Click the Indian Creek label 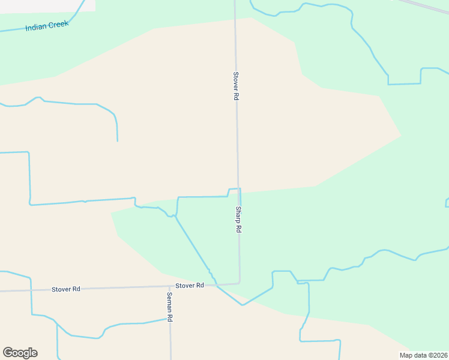pyautogui.click(x=47, y=26)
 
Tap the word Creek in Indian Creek pyautogui.click(x=59, y=24)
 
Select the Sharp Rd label pyautogui.click(x=238, y=220)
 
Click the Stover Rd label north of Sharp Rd pyautogui.click(x=236, y=86)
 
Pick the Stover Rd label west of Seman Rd pyautogui.click(x=66, y=289)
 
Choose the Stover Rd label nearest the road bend pyautogui.click(x=190, y=286)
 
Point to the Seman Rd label pyautogui.click(x=170, y=307)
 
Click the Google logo pyautogui.click(x=20, y=353)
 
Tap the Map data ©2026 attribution pyautogui.click(x=424, y=355)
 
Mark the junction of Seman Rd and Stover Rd pyautogui.click(x=169, y=287)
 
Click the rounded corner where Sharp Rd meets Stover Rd pyautogui.click(x=239, y=282)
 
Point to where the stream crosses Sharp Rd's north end pyautogui.click(x=238, y=189)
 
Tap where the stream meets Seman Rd pyautogui.click(x=169, y=319)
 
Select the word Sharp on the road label pyautogui.click(x=238, y=214)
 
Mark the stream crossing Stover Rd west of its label pyautogui.click(x=31, y=290)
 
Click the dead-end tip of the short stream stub pyautogui.click(x=117, y=141)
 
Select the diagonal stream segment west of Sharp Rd pyautogui.click(x=192, y=243)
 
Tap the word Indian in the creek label pyautogui.click(x=36, y=28)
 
